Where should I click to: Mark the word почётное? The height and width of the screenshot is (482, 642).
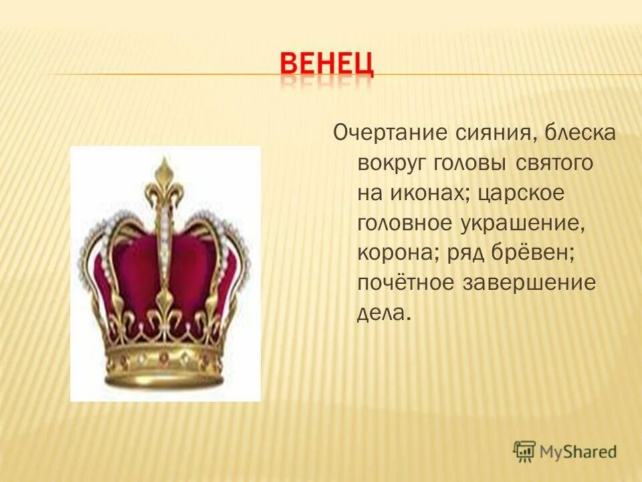[403, 283]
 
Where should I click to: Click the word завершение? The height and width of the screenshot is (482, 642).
[528, 283]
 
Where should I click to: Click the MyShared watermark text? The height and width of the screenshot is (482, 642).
[579, 451]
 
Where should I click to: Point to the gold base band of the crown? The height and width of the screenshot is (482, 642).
[164, 365]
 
